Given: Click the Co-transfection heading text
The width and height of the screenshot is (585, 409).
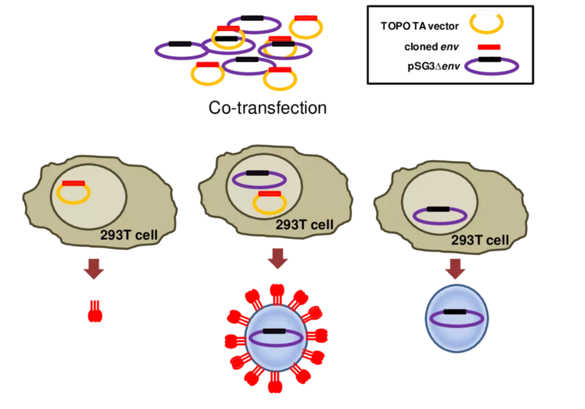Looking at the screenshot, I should coord(267,108).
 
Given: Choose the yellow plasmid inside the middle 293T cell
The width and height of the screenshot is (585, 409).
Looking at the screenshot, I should coord(269,202).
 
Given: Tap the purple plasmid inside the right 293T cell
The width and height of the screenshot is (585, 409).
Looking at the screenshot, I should coord(438,215).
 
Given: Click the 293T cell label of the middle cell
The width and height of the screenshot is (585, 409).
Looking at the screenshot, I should coord(304,225).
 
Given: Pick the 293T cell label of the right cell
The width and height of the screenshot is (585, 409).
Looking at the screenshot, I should coord(480,239).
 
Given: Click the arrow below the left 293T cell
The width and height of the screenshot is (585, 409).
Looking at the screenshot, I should coord(94,269).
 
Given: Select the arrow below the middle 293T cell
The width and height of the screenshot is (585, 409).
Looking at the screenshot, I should coord(278,258).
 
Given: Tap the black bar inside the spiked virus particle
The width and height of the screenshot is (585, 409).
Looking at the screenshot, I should coord(274,331).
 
